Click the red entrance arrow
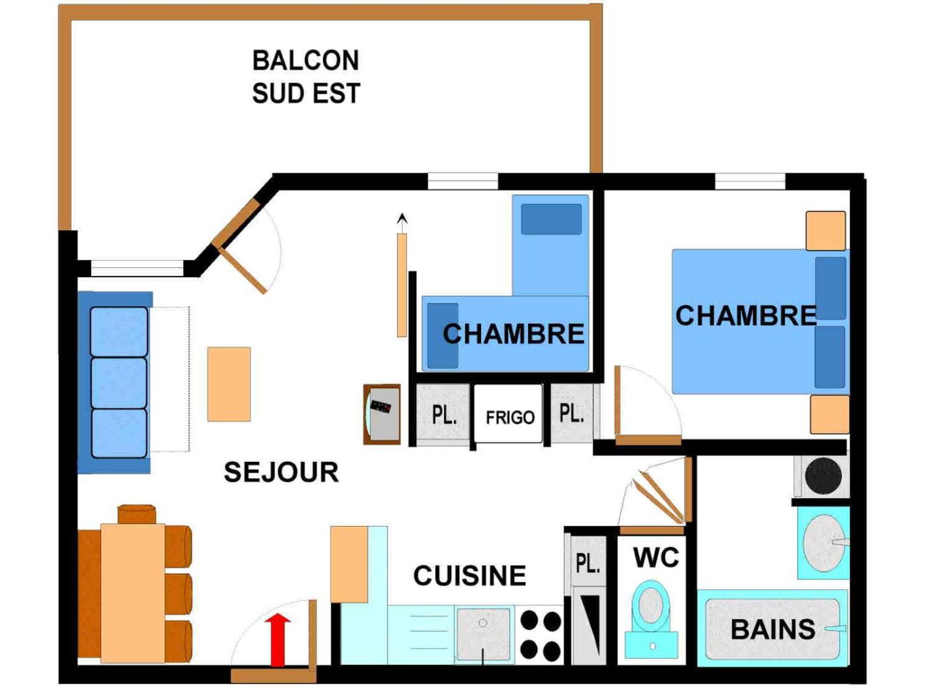[x=278, y=639]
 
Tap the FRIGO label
[x=509, y=417]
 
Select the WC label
[x=655, y=558]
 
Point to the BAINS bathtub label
[x=772, y=629]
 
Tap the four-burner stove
[x=540, y=635]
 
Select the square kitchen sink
[x=483, y=633]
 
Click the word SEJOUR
[x=281, y=472]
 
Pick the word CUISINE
[x=469, y=576]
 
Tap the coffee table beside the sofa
[x=229, y=384]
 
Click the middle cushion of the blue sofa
[x=119, y=383]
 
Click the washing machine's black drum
[x=823, y=475]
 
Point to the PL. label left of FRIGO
[x=443, y=415]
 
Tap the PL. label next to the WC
[x=587, y=563]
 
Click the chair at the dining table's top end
[x=137, y=513]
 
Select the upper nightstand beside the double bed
[x=825, y=230]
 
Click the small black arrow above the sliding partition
[x=402, y=218]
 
